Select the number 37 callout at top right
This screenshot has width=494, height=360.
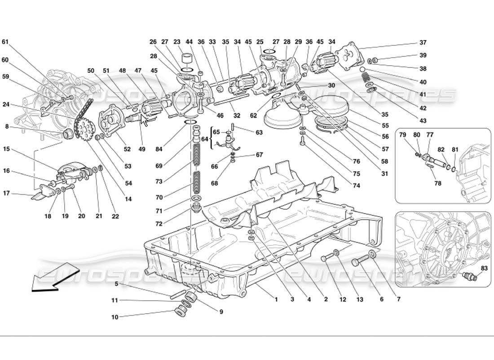[423, 43]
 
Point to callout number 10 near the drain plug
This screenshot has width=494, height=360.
[115, 317]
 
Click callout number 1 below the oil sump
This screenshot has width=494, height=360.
[277, 299]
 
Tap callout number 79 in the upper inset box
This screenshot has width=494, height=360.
[403, 135]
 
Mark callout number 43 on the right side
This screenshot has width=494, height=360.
[423, 121]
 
